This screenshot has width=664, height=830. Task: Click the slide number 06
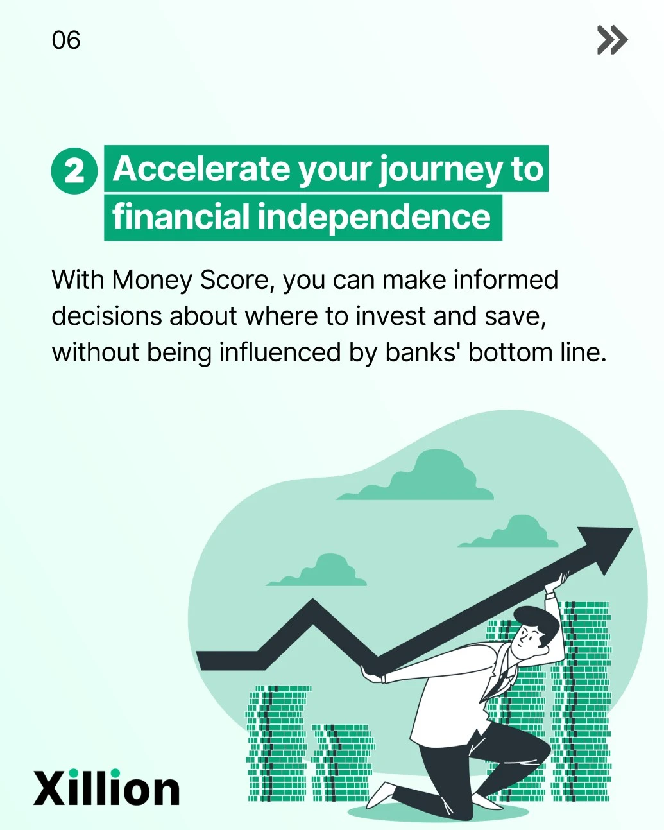point(66,40)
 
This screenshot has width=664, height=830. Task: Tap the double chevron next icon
point(612,40)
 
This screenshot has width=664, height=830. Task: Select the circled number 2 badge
point(74,171)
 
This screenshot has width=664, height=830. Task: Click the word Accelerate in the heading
point(201,169)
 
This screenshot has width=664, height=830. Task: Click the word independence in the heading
point(374,217)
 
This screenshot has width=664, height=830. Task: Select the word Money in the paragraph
point(152,281)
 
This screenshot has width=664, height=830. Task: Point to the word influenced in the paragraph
point(280,352)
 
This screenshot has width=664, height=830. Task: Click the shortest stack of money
point(342,763)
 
